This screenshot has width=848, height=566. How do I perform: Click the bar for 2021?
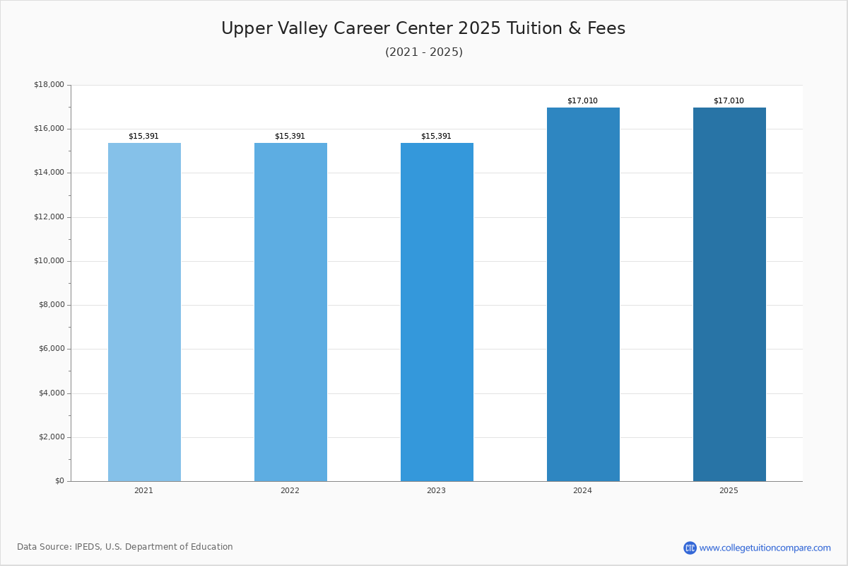tap(144, 311)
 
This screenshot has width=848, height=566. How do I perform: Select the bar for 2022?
tap(290, 311)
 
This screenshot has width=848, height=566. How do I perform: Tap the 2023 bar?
tap(437, 311)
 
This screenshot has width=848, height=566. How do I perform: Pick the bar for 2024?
tap(583, 294)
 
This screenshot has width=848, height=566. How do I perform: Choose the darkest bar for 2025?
tap(729, 294)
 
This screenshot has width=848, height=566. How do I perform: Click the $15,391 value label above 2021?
tap(143, 137)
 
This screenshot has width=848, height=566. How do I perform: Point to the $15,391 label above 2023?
tap(436, 137)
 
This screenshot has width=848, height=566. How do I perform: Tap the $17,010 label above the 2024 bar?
tap(582, 101)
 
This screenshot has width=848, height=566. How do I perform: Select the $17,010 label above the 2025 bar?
tap(729, 101)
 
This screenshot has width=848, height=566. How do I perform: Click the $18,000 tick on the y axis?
tap(49, 85)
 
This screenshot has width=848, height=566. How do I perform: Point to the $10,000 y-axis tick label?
tap(49, 261)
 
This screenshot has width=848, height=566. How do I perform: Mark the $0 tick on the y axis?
tap(59, 481)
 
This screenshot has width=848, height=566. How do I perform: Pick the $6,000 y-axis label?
tap(51, 349)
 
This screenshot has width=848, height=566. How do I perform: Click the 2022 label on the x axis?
tap(290, 491)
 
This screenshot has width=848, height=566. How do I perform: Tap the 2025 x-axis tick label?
tap(729, 491)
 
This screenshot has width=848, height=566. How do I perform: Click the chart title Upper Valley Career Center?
tap(423, 29)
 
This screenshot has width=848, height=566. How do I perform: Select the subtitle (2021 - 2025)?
tap(424, 52)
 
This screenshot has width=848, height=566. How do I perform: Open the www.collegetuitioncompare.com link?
tap(765, 548)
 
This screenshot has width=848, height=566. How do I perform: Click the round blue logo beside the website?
tap(690, 548)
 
